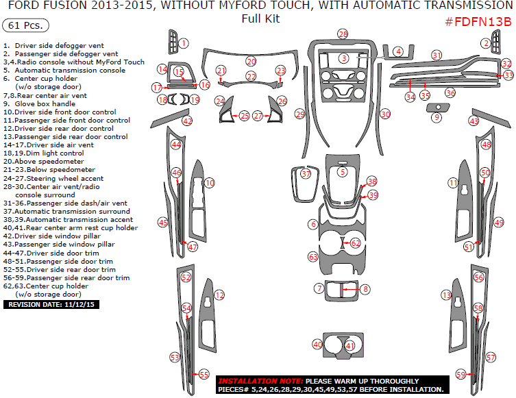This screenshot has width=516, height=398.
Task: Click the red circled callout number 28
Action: (x=343, y=34)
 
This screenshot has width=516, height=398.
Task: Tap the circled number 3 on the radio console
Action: (x=343, y=59)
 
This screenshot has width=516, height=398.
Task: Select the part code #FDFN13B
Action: (x=478, y=22)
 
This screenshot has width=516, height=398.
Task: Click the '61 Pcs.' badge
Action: (x=26, y=25)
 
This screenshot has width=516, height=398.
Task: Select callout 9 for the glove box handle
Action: (x=436, y=118)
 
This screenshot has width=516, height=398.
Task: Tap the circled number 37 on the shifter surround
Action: (x=306, y=174)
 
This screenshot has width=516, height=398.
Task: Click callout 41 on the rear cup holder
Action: (x=350, y=346)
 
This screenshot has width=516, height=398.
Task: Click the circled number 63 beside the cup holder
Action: (x=313, y=257)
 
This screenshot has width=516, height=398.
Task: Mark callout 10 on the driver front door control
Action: (x=210, y=183)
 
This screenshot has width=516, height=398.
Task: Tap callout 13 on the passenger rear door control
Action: (x=446, y=295)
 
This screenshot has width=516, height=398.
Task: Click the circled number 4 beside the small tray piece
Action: (x=397, y=51)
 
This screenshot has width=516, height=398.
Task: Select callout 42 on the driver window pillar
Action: (x=187, y=121)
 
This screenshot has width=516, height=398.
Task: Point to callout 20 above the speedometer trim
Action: (x=251, y=61)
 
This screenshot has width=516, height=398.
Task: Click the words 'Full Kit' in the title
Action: (x=260, y=18)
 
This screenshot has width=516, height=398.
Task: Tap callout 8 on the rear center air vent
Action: (x=366, y=290)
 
